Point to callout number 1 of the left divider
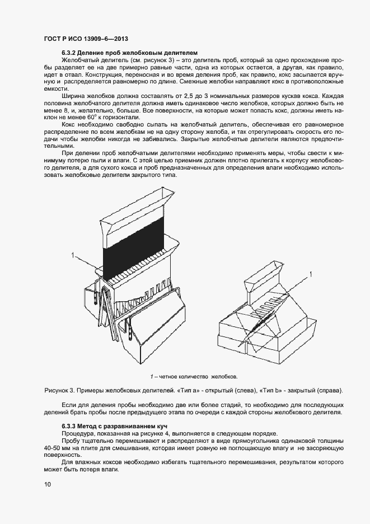pos(73,255)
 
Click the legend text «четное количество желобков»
pos(198,376)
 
